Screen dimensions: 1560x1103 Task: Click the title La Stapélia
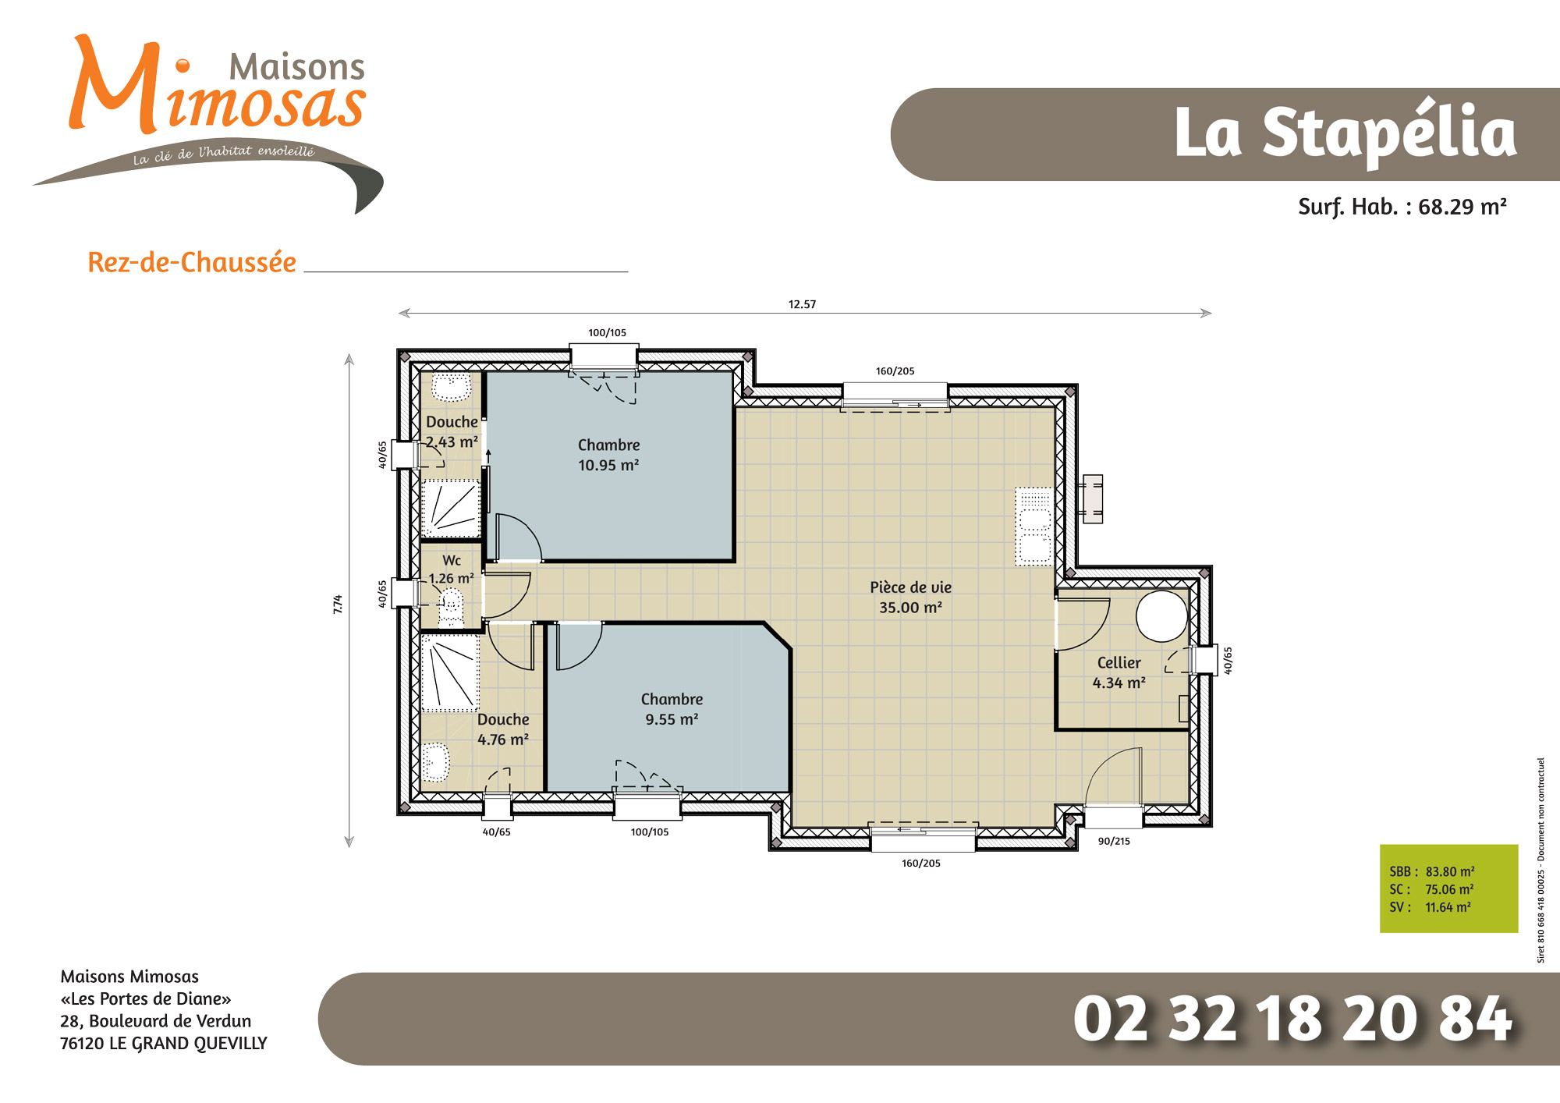pos(1345,134)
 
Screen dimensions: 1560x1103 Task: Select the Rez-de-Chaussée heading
pos(192,262)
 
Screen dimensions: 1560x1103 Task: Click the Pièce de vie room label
pos(910,587)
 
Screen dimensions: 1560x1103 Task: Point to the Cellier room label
pos(1119,662)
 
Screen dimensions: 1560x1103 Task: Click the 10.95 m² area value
pos(608,465)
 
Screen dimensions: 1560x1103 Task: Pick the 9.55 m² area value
pos(672,719)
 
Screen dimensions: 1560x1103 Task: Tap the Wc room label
pos(452,560)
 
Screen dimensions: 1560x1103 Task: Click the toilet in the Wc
pos(451,608)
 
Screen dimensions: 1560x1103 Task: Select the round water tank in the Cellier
pos(1161,616)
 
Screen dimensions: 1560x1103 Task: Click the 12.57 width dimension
pos(802,304)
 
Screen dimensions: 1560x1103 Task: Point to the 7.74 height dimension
pos(338,604)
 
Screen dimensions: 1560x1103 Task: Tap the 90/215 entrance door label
pos(1114,841)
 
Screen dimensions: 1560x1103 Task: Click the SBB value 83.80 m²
pos(1450,871)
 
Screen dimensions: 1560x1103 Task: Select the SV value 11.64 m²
pos(1448,907)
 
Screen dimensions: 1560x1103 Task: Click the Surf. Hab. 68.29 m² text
pos(1402,207)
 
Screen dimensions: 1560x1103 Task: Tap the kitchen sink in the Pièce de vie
pos(1034,526)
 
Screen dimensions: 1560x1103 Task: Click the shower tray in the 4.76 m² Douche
pos(450,672)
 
